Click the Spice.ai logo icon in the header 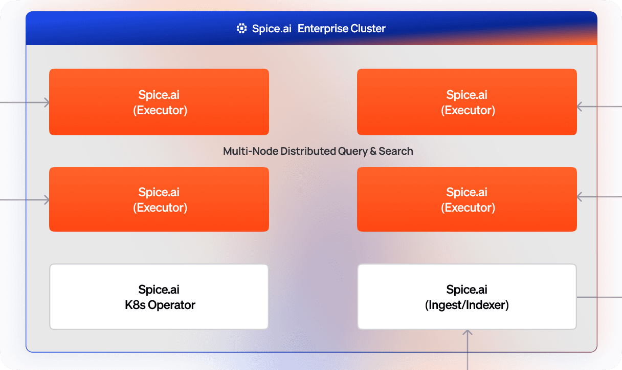pyautogui.click(x=241, y=29)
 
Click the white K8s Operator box pyautogui.click(x=159, y=297)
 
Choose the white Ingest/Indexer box pyautogui.click(x=466, y=297)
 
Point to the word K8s pyautogui.click(x=135, y=305)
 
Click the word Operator pyautogui.click(x=171, y=305)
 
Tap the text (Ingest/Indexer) pyautogui.click(x=466, y=305)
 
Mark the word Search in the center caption pyautogui.click(x=396, y=151)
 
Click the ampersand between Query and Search pyautogui.click(x=373, y=151)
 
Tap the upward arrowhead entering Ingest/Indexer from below pyautogui.click(x=467, y=333)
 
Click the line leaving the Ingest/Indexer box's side pyautogui.click(x=598, y=297)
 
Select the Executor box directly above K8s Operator pyautogui.click(x=159, y=199)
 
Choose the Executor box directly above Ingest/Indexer pyautogui.click(x=466, y=199)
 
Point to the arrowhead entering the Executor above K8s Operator pyautogui.click(x=47, y=200)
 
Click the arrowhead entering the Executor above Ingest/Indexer pyautogui.click(x=580, y=197)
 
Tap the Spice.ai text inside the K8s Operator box pyautogui.click(x=159, y=290)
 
